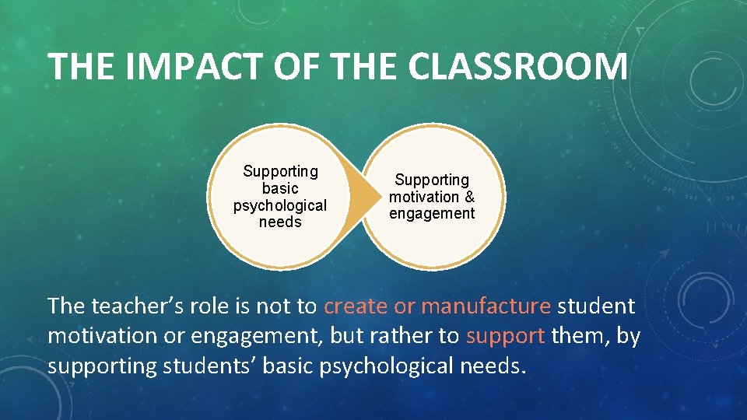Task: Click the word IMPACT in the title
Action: pyautogui.click(x=163, y=66)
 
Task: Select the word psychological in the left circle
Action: pyautogui.click(x=280, y=205)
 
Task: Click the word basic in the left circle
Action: pyautogui.click(x=280, y=188)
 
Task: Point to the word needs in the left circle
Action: pyautogui.click(x=280, y=222)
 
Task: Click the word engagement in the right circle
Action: pyautogui.click(x=432, y=214)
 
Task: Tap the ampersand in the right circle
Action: pyautogui.click(x=469, y=197)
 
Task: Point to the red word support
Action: pyautogui.click(x=505, y=336)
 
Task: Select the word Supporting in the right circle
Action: pyautogui.click(x=432, y=180)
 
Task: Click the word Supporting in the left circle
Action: pyautogui.click(x=280, y=171)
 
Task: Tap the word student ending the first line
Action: pyautogui.click(x=596, y=306)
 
